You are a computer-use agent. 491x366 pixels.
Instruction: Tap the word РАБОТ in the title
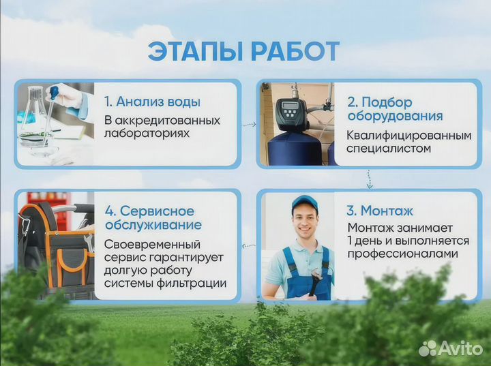click(295, 51)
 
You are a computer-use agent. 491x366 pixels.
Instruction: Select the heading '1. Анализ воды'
click(152, 102)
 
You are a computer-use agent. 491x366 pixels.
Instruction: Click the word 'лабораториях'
click(147, 134)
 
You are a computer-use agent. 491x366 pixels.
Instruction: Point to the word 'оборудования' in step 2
click(394, 117)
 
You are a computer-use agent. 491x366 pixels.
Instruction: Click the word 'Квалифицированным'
click(408, 136)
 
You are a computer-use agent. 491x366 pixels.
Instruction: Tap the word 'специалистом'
click(389, 149)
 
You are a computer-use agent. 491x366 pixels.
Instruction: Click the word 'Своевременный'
click(152, 244)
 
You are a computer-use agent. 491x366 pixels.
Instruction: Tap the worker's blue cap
click(304, 202)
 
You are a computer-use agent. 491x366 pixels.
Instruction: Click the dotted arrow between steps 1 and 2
click(249, 124)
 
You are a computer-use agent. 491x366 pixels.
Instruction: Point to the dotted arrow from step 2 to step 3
click(369, 179)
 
